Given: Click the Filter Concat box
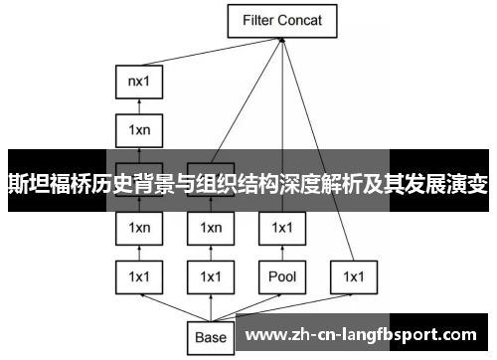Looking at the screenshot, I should [282, 19].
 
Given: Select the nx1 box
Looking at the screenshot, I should [139, 83].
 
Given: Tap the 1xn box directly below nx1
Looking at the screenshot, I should [139, 128].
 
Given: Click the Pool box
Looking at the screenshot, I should [281, 275].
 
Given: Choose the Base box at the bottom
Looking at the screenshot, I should [211, 337].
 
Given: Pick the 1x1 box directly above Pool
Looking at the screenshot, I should [281, 228].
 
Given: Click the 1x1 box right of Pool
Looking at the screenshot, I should [354, 275].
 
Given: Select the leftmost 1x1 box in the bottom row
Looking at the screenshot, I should [139, 275].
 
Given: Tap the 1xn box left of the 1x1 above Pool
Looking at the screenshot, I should [211, 228].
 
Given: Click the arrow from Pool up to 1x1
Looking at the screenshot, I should [281, 252].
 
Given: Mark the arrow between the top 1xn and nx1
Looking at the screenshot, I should [139, 105].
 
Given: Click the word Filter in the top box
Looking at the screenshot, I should [258, 19].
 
